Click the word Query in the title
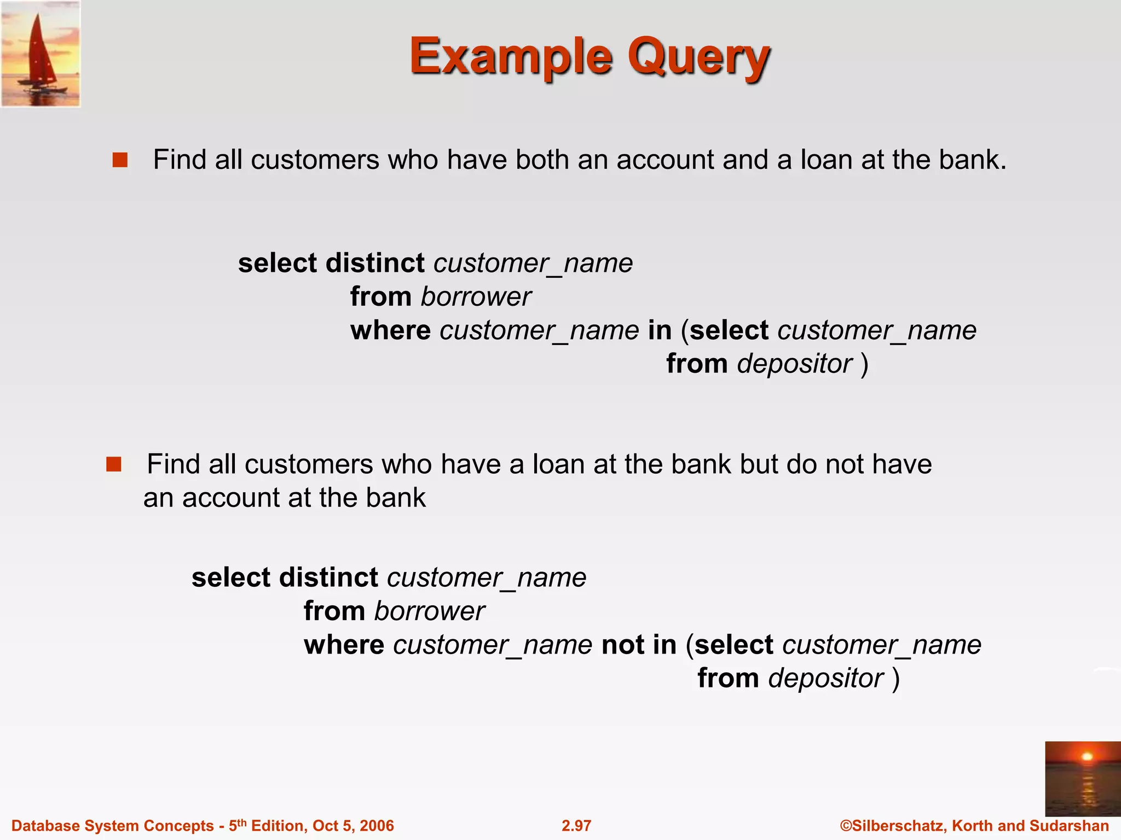(x=698, y=56)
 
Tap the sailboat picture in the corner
(x=41, y=54)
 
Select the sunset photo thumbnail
(x=1082, y=778)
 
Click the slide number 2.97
(x=576, y=826)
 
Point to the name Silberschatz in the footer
(x=897, y=826)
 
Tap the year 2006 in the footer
(x=377, y=826)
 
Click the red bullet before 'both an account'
(x=120, y=160)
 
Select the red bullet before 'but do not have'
(x=114, y=464)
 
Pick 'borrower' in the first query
(x=476, y=297)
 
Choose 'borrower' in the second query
(x=429, y=611)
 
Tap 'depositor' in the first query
(x=795, y=364)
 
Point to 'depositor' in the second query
(x=826, y=679)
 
